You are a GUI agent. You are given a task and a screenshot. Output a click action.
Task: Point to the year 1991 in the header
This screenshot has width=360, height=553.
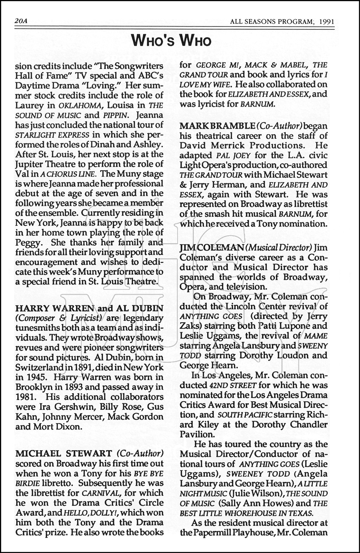327,22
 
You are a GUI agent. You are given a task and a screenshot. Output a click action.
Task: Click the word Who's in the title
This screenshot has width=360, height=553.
154,41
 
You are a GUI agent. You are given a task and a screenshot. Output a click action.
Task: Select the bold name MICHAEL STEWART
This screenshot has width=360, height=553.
64,453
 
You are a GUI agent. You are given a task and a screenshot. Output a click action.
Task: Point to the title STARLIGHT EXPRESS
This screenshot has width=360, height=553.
52,135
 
